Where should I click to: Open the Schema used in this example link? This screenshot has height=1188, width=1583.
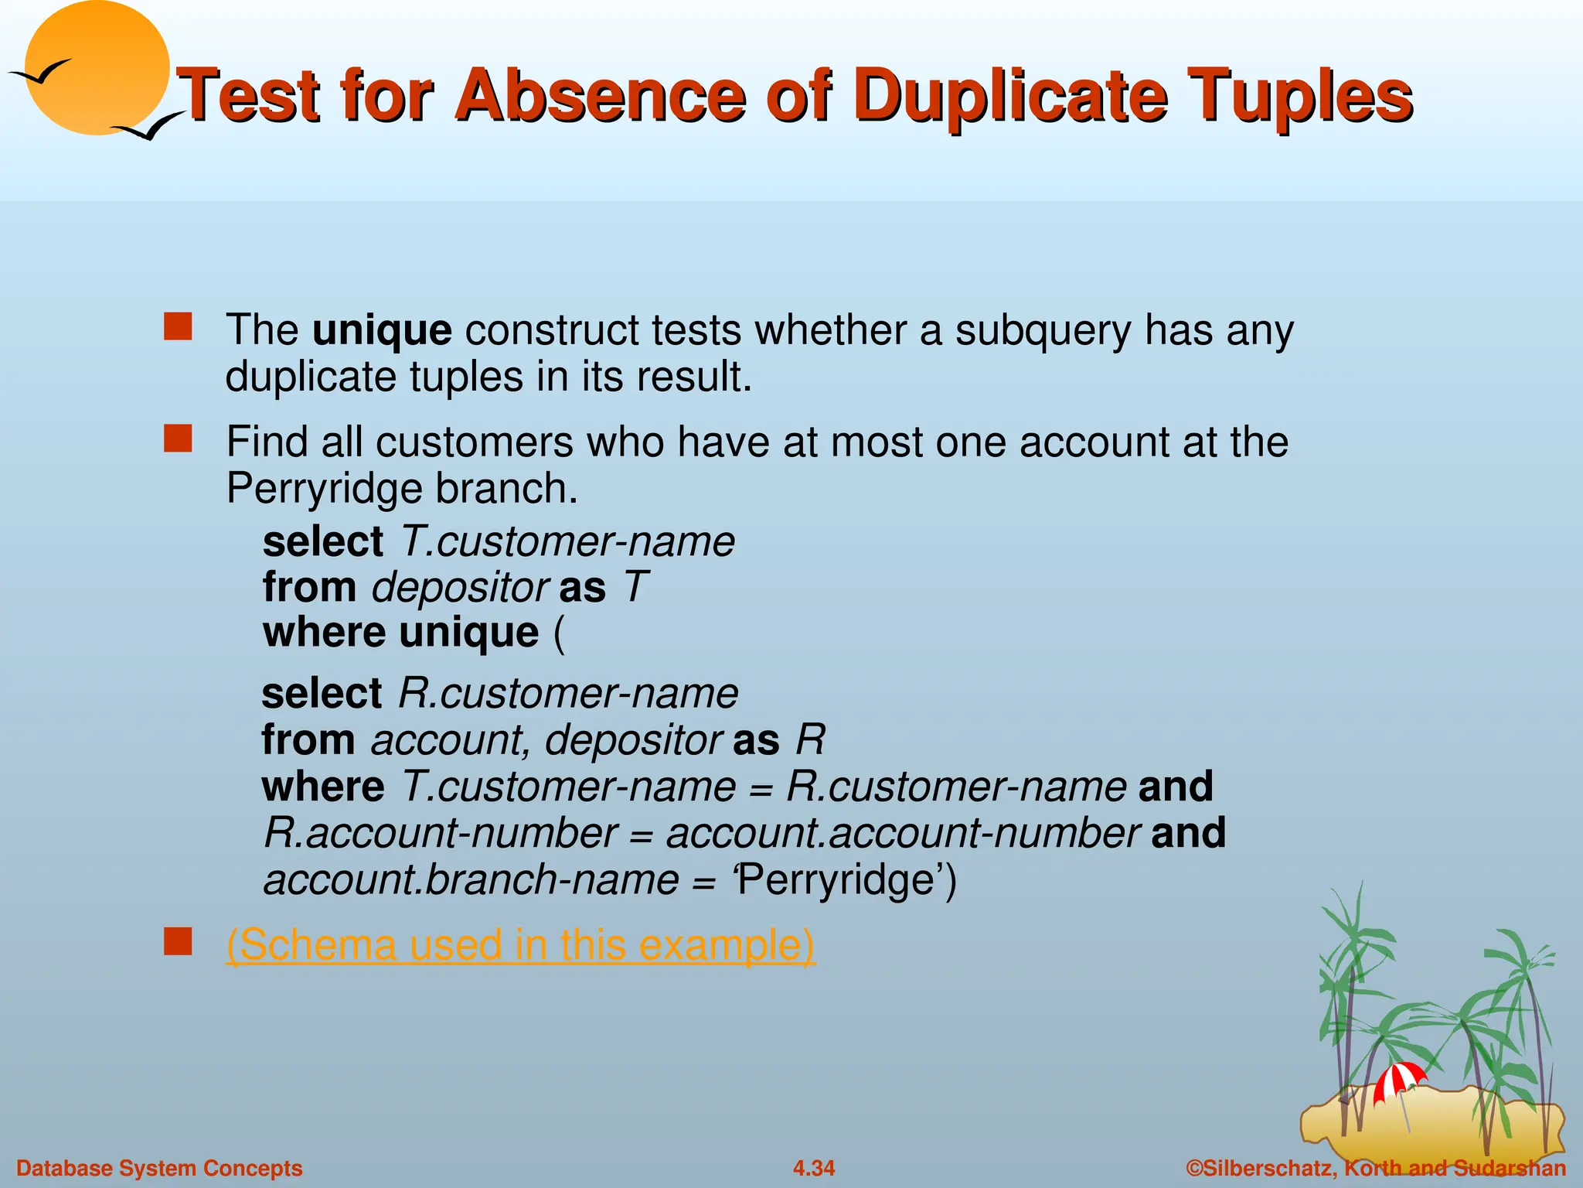[x=520, y=944]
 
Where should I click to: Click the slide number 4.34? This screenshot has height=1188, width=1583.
[x=814, y=1168]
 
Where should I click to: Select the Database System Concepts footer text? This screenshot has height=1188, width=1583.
[x=159, y=1168]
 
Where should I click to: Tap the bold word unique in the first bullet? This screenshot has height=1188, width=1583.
[x=382, y=330]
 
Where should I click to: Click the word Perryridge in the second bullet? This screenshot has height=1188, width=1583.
[x=324, y=489]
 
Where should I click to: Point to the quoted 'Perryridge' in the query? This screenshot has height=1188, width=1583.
[x=839, y=880]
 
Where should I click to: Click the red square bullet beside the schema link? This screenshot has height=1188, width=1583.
[x=178, y=942]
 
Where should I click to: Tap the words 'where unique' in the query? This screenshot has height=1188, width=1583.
[x=400, y=633]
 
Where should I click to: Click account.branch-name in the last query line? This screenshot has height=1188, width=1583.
[x=471, y=880]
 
